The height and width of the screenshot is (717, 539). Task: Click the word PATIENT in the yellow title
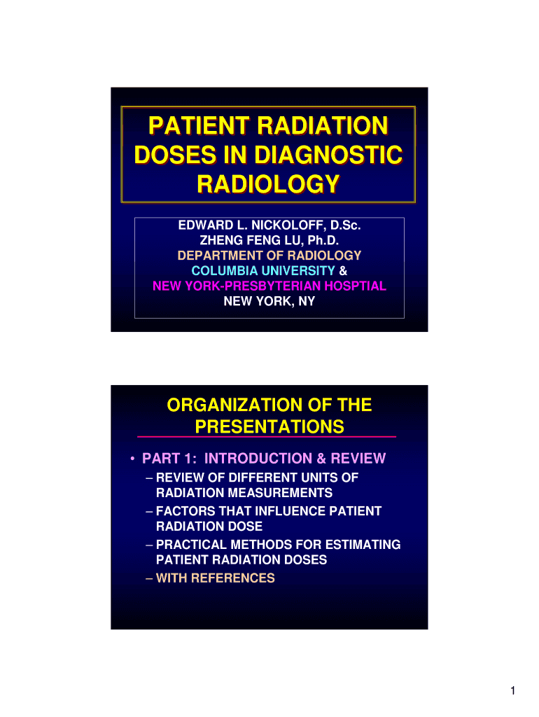tap(199, 126)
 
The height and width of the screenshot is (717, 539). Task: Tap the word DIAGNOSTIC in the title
tap(328, 155)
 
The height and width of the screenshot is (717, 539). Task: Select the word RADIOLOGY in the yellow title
tap(268, 184)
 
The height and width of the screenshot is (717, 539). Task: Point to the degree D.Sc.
tap(346, 225)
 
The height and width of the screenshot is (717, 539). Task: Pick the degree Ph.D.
tap(323, 241)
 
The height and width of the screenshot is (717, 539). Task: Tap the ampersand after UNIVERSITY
tap(343, 271)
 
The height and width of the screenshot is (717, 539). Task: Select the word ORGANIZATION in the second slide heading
tap(234, 405)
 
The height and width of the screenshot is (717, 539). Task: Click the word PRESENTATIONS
tap(269, 426)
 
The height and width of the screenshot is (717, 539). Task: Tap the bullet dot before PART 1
tap(132, 459)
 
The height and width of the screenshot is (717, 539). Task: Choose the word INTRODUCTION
tap(258, 459)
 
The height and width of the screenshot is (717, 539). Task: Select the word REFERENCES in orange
tap(232, 578)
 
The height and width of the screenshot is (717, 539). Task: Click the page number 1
tap(513, 690)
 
